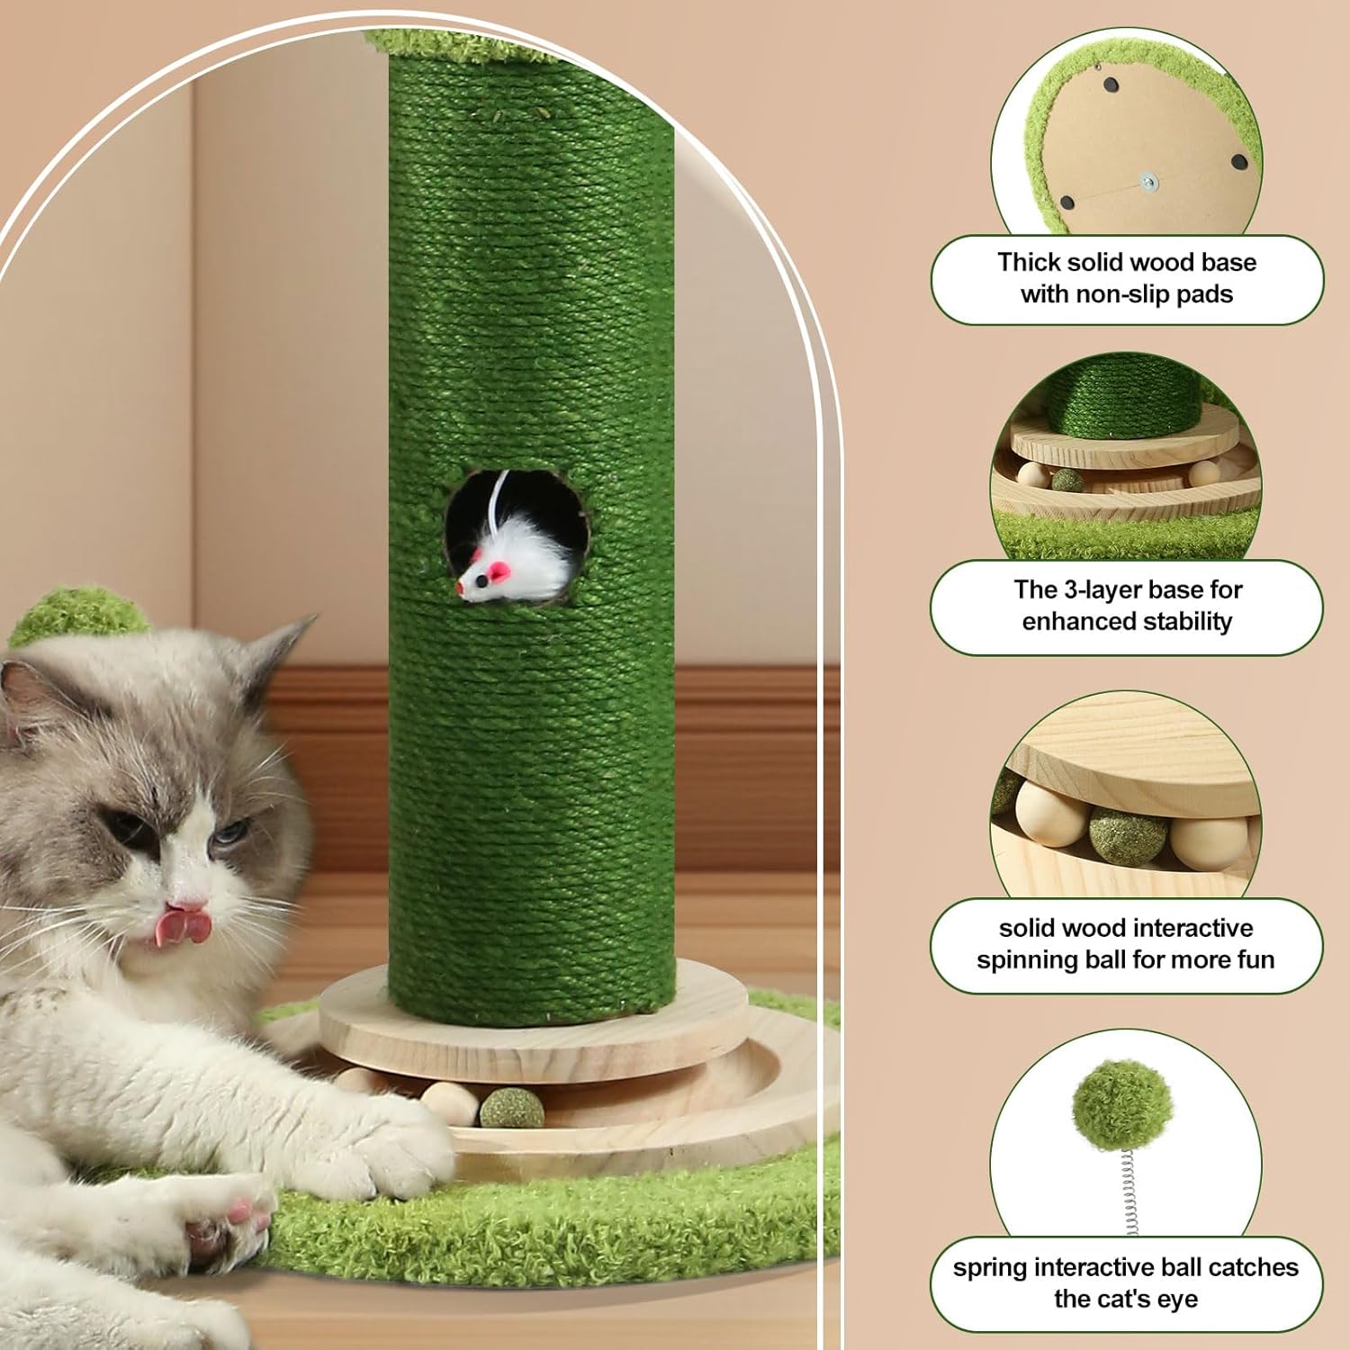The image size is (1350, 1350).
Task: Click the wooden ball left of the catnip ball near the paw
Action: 448,1102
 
